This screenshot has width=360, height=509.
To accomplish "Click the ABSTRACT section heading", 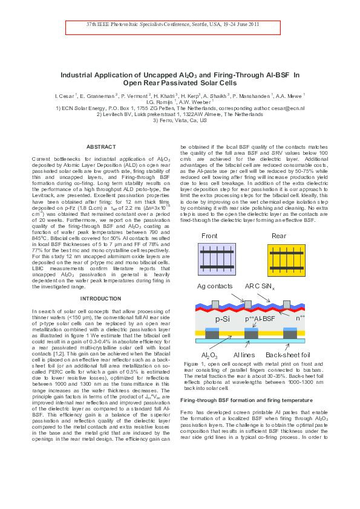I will click(x=101, y=147).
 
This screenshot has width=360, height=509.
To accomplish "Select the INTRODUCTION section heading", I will click(x=101, y=299).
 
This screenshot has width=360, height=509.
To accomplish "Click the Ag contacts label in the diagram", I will click(x=216, y=285).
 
